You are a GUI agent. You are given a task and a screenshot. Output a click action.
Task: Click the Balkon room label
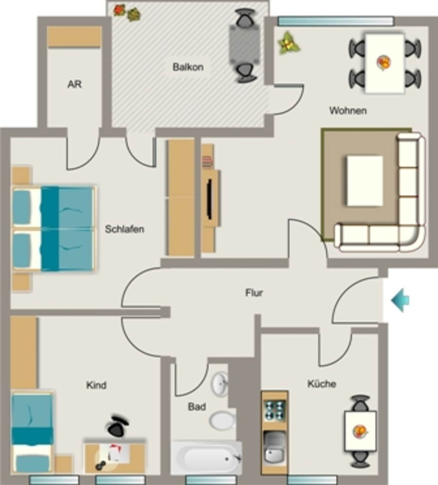[188, 67]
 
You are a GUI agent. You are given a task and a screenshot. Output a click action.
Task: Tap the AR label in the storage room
[74, 84]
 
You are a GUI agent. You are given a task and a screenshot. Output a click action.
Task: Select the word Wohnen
[348, 110]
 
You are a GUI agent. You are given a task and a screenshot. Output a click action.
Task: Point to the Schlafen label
[125, 229]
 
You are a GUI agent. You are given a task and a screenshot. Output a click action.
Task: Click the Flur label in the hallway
[254, 293]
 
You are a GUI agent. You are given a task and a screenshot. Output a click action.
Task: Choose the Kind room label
[96, 385]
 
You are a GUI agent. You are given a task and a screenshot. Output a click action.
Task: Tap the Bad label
[197, 407]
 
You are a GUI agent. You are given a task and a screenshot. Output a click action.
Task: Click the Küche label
[322, 384]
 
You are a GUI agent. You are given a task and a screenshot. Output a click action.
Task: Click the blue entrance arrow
[400, 300]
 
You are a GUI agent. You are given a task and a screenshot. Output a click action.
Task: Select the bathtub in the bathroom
[206, 458]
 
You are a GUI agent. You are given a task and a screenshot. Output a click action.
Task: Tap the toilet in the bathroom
[222, 421]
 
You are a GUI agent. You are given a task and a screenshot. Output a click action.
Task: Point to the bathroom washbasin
[220, 384]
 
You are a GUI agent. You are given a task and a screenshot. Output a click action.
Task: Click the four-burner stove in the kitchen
[275, 410]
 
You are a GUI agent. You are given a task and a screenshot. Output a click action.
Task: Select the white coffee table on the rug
[365, 180]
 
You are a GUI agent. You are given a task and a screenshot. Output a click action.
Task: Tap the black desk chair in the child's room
[117, 426]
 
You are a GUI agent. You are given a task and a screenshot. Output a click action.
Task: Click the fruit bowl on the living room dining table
[384, 63]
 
